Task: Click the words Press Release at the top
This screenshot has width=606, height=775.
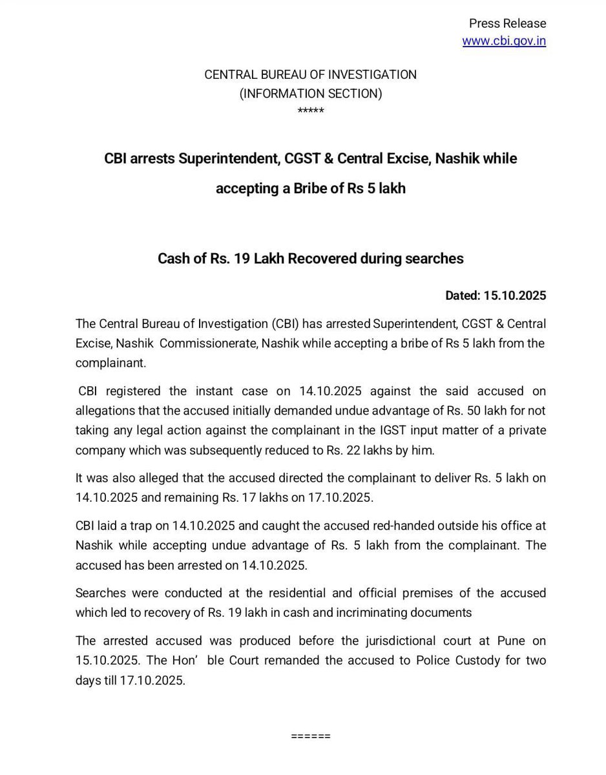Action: click(507, 24)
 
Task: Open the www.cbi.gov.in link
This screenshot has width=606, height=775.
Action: click(504, 41)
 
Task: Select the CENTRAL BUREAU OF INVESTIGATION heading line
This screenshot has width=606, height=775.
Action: click(310, 74)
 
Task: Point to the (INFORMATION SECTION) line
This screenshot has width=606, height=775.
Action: click(311, 94)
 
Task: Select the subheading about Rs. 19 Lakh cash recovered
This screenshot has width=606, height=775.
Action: click(311, 258)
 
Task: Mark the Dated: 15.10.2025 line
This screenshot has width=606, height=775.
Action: click(496, 296)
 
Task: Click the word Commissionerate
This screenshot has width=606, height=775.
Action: click(207, 343)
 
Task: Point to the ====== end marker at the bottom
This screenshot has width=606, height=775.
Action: click(311, 736)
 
